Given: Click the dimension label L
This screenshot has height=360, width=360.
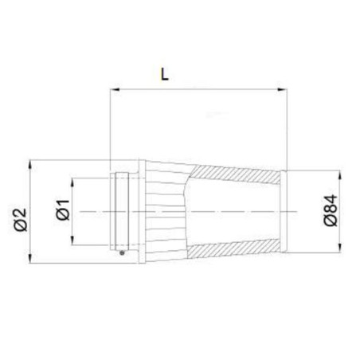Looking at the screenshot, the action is click(164, 74).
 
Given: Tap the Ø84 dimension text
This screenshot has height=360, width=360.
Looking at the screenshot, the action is click(331, 210).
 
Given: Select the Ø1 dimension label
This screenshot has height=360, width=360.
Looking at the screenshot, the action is click(63, 210).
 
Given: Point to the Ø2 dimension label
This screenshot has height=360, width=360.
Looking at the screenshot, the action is click(21, 220).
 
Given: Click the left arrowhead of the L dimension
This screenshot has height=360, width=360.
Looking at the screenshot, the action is click(115, 89).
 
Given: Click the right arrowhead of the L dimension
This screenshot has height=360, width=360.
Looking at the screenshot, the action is click(282, 89).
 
